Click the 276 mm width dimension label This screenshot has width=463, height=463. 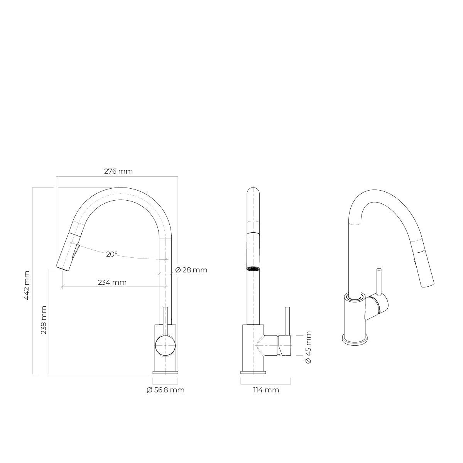pos(118,171)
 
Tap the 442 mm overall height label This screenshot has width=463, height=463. pos(27,285)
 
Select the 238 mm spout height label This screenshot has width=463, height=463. pos(44,320)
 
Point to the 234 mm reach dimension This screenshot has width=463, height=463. pos(112,282)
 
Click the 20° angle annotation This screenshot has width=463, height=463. pos(112,254)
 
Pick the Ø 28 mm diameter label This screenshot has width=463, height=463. pos(191,270)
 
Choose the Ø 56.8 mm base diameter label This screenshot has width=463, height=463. pos(166,390)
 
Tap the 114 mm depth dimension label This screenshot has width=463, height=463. pos(266,390)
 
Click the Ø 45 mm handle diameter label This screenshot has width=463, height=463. pos(308,347)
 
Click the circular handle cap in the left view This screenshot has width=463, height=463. pos(165,346)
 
